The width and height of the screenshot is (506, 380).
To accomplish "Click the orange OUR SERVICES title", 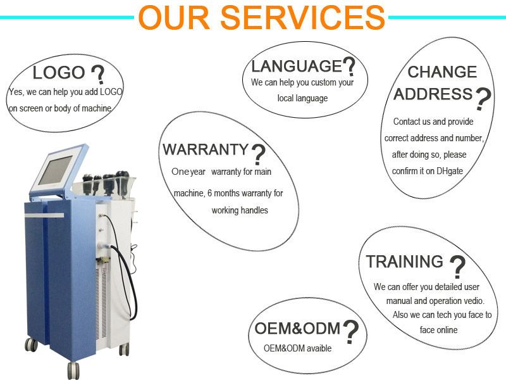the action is pos(261,17).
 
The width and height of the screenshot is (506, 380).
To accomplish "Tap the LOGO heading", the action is pos(59,72).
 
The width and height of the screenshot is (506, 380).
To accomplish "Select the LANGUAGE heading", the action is pos(296,66).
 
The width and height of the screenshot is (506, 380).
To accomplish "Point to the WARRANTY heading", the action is pos(205,149).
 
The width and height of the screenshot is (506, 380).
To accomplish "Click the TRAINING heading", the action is pos(405,262).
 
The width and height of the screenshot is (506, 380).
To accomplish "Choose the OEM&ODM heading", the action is pos(297,328).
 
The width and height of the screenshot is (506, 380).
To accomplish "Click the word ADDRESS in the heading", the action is pos(433,94).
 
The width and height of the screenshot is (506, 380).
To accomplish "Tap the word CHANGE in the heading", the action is pos(442,72).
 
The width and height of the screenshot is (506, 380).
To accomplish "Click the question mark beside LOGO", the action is pos(98,75).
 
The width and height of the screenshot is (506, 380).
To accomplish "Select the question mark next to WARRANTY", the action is pos(258,155).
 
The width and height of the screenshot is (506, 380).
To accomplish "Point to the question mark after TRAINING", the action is pos(457,267).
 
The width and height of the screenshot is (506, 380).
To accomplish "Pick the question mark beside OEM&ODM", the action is pos(351,332).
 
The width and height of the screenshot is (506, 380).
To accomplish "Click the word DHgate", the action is pos(450,171).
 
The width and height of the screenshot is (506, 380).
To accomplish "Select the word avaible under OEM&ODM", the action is pos(319,348).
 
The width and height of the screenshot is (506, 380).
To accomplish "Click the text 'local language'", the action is pos(302,98).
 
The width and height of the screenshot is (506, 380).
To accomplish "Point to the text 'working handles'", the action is pos(240,210).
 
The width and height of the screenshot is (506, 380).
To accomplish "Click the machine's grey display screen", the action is pos(56,170).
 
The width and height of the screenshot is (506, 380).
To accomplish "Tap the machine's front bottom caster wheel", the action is pos(73,370).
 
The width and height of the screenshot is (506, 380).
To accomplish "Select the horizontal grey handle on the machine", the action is pos(44,215).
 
